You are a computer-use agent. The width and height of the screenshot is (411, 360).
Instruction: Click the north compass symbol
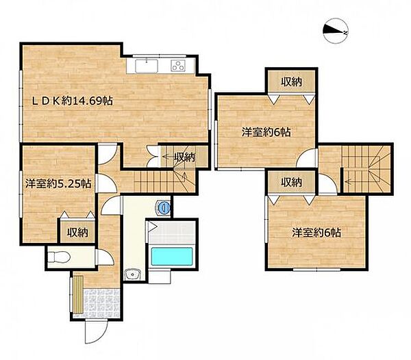pos(336,31)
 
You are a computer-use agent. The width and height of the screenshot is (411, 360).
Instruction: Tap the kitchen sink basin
pos(147,66)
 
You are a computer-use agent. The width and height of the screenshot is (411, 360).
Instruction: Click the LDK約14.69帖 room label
pos(73,101)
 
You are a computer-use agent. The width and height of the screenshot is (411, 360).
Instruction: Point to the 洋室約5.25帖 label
pos(58,184)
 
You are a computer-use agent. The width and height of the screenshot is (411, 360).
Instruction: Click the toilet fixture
pos(60,257)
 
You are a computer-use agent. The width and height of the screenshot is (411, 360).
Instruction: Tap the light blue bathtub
pos(172,257)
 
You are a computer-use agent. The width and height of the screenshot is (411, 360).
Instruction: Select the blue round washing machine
pos(164,207)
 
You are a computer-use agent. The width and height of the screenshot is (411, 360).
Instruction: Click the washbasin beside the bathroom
pos(133,275)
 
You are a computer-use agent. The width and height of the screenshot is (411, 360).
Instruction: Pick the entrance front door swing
pos(96,331)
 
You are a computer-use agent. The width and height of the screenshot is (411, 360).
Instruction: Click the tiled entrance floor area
pos(102,303)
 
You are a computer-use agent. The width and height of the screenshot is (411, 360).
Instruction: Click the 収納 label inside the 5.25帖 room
pos(77,232)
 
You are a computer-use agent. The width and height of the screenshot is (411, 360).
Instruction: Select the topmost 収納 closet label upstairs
pos(292,82)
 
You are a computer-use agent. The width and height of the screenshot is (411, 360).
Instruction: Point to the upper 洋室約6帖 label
pos(266,132)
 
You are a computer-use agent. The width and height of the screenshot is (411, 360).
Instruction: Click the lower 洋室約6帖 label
pos(316,232)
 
